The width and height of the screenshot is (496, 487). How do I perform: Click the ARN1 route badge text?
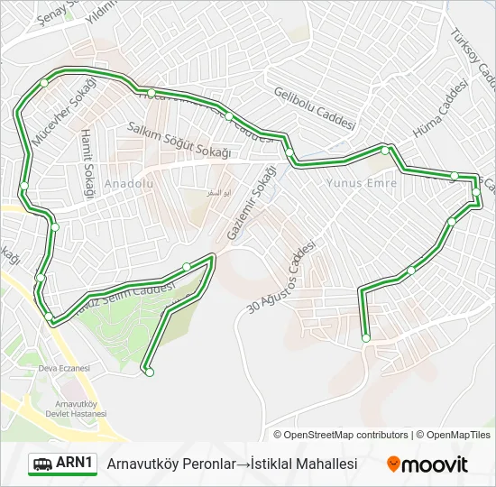point(74,464)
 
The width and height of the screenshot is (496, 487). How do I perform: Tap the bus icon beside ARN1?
point(42,464)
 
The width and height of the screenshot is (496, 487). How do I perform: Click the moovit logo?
point(427,464)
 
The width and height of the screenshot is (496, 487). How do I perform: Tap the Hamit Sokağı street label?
point(87,162)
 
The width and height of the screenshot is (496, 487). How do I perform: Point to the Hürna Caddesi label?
point(437,112)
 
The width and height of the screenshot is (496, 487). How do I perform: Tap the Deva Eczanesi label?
point(64,368)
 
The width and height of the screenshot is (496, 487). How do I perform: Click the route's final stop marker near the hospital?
point(149,372)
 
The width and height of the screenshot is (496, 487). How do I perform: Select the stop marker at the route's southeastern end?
point(365,338)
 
